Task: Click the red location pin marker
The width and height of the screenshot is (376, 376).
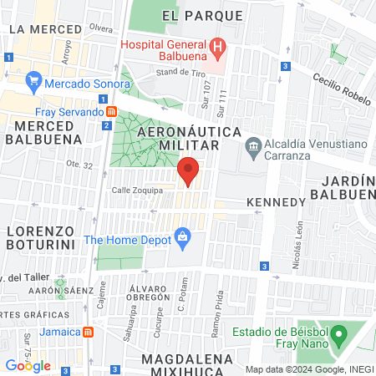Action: pyautogui.click(x=188, y=171)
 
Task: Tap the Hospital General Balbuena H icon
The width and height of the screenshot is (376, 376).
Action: pyautogui.click(x=217, y=46)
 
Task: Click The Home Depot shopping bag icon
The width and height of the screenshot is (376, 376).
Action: pyautogui.click(x=181, y=238)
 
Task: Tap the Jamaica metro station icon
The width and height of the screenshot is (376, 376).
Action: pyautogui.click(x=99, y=331)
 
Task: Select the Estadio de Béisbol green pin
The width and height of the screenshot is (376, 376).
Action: pyautogui.click(x=338, y=337)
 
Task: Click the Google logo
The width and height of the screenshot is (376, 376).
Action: pyautogui.click(x=28, y=365)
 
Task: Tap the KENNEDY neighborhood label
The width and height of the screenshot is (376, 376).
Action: pyautogui.click(x=276, y=202)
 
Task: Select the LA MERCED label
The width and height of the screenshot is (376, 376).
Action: pyautogui.click(x=45, y=28)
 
